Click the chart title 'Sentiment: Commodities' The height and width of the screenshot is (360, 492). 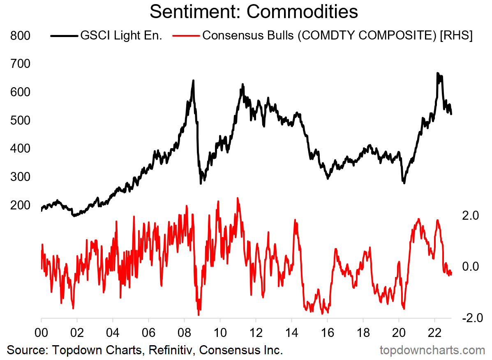254,12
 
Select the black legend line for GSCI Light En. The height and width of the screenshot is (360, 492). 64,36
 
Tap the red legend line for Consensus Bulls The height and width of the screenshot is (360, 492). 187,36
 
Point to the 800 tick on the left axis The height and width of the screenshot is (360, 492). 19,36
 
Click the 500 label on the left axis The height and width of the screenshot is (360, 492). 19,121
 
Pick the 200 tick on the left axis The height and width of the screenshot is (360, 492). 19,205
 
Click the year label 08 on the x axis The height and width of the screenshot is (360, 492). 184,332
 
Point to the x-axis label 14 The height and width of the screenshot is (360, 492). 291,332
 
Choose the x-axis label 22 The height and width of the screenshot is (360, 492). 434,332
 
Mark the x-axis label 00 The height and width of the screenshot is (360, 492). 42,332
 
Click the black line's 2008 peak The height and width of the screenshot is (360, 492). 193,81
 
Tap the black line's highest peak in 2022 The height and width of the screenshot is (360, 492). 437,73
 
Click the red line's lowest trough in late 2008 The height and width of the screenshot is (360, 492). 199,315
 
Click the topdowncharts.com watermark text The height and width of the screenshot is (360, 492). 432,350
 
